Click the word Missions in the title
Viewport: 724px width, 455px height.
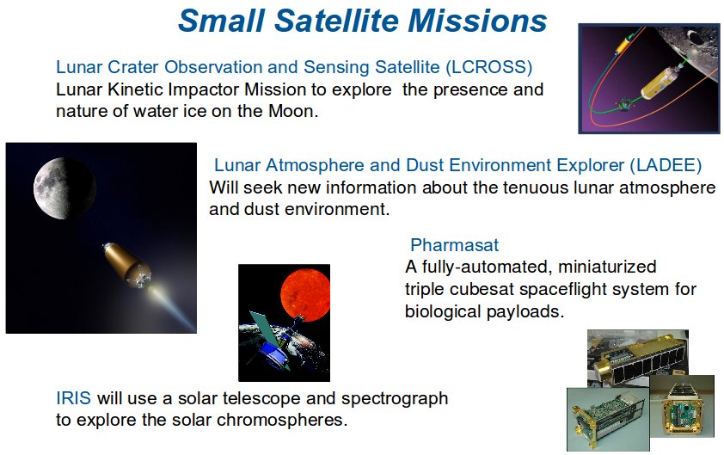pyautogui.click(x=477, y=22)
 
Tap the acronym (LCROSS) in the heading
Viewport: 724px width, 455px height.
pyautogui.click(x=489, y=67)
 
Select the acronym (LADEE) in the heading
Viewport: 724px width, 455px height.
pyautogui.click(x=666, y=165)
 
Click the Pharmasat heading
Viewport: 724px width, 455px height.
pyautogui.click(x=455, y=245)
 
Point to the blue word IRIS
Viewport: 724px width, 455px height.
pyautogui.click(x=73, y=398)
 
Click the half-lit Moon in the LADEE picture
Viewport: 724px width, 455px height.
pyautogui.click(x=64, y=188)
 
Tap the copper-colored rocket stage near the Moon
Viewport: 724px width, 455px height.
pyautogui.click(x=126, y=265)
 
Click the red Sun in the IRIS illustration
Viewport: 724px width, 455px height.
pyautogui.click(x=304, y=295)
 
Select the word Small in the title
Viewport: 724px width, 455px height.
pyautogui.click(x=221, y=22)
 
